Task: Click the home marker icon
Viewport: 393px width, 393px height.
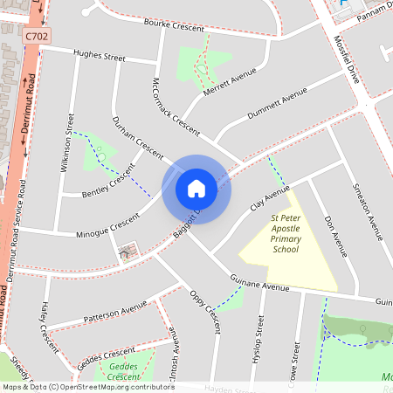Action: pos(196,188)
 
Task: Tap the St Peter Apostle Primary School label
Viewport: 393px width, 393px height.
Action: pos(286,233)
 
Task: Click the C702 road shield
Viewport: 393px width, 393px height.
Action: pos(37,36)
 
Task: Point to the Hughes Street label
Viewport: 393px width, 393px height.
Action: pos(100,56)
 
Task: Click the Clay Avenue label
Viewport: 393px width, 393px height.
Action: pos(269,198)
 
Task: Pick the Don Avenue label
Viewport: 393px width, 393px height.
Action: pos(335,236)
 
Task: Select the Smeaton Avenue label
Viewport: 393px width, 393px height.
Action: pos(368,210)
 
